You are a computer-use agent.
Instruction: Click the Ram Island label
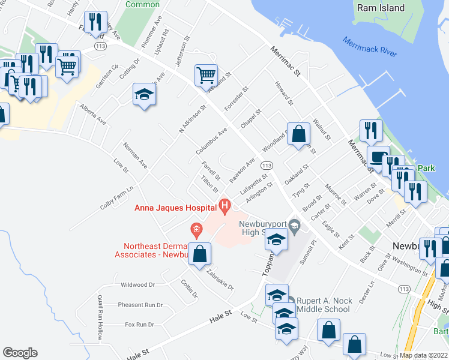381,8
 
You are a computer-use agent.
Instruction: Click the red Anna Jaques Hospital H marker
224,208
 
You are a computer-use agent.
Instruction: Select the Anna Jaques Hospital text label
174,208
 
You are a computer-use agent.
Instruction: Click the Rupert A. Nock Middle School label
323,305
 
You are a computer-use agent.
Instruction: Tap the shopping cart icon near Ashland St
206,75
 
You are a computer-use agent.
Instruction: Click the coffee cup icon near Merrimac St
378,157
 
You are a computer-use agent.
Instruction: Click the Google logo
20,353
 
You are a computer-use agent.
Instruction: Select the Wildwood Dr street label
137,284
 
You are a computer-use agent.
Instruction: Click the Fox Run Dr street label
139,325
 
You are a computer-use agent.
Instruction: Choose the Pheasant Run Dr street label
140,305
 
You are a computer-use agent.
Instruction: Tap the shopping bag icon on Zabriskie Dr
200,253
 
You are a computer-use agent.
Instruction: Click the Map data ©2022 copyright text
424,355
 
